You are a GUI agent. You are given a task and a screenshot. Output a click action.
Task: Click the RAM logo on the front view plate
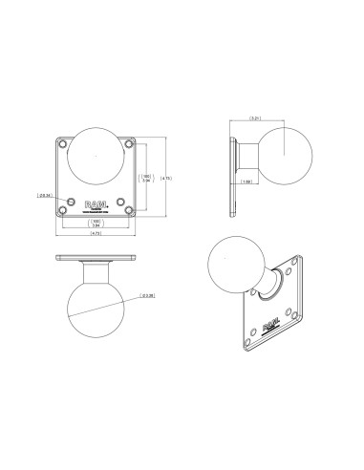point(96,203)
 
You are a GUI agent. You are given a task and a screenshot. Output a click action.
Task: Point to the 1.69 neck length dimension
point(247,182)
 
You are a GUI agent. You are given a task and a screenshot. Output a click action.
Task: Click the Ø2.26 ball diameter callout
point(148,296)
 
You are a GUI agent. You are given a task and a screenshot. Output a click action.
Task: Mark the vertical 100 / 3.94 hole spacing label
point(146,178)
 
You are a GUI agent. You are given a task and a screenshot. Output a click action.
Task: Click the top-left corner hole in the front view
point(63,146)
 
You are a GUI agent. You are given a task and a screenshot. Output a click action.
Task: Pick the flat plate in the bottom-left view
point(96,257)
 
